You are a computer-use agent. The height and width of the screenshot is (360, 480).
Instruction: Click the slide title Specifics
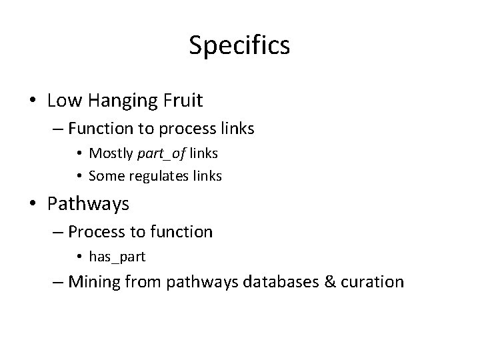239,45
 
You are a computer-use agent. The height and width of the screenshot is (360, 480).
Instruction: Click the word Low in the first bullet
63,101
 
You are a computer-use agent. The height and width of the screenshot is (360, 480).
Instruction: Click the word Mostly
112,153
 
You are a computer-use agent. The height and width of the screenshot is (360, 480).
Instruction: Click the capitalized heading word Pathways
89,204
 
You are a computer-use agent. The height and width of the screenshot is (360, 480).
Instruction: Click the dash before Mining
58,282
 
